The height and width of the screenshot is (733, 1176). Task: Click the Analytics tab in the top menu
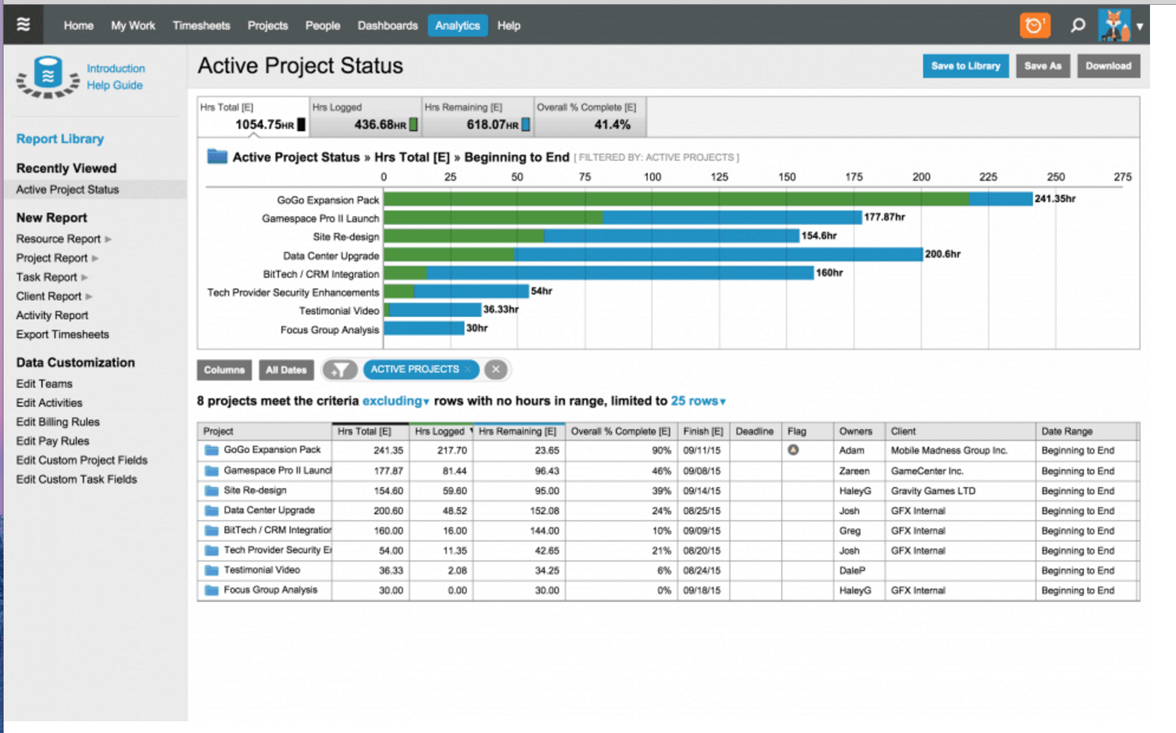pos(457,25)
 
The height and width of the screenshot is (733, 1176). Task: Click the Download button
pos(1108,66)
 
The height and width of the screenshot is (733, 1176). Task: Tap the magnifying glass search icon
pos(1078,25)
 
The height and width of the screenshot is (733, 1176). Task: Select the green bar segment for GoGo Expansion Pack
pos(675,199)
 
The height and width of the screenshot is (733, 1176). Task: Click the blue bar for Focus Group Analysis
pos(424,329)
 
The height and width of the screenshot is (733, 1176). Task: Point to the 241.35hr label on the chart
pos(1055,199)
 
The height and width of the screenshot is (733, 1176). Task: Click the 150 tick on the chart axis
pos(787,177)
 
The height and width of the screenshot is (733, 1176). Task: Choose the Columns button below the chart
pos(224,370)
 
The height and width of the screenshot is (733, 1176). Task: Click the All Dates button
pos(286,370)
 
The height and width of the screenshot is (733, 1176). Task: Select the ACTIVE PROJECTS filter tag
pos(414,369)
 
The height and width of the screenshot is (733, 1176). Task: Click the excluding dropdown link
pos(395,401)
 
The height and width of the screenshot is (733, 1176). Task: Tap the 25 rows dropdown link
pos(698,401)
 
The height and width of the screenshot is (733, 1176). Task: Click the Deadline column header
pos(754,432)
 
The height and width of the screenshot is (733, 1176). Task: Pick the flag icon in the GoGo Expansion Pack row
pos(793,450)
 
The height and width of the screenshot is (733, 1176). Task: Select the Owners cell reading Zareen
pos(854,471)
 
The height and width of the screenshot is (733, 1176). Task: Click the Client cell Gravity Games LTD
pos(933,491)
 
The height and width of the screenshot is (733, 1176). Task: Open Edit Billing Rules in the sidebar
pos(58,422)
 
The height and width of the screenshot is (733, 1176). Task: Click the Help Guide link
pos(115,85)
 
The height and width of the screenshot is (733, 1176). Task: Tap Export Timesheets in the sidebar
pos(63,335)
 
